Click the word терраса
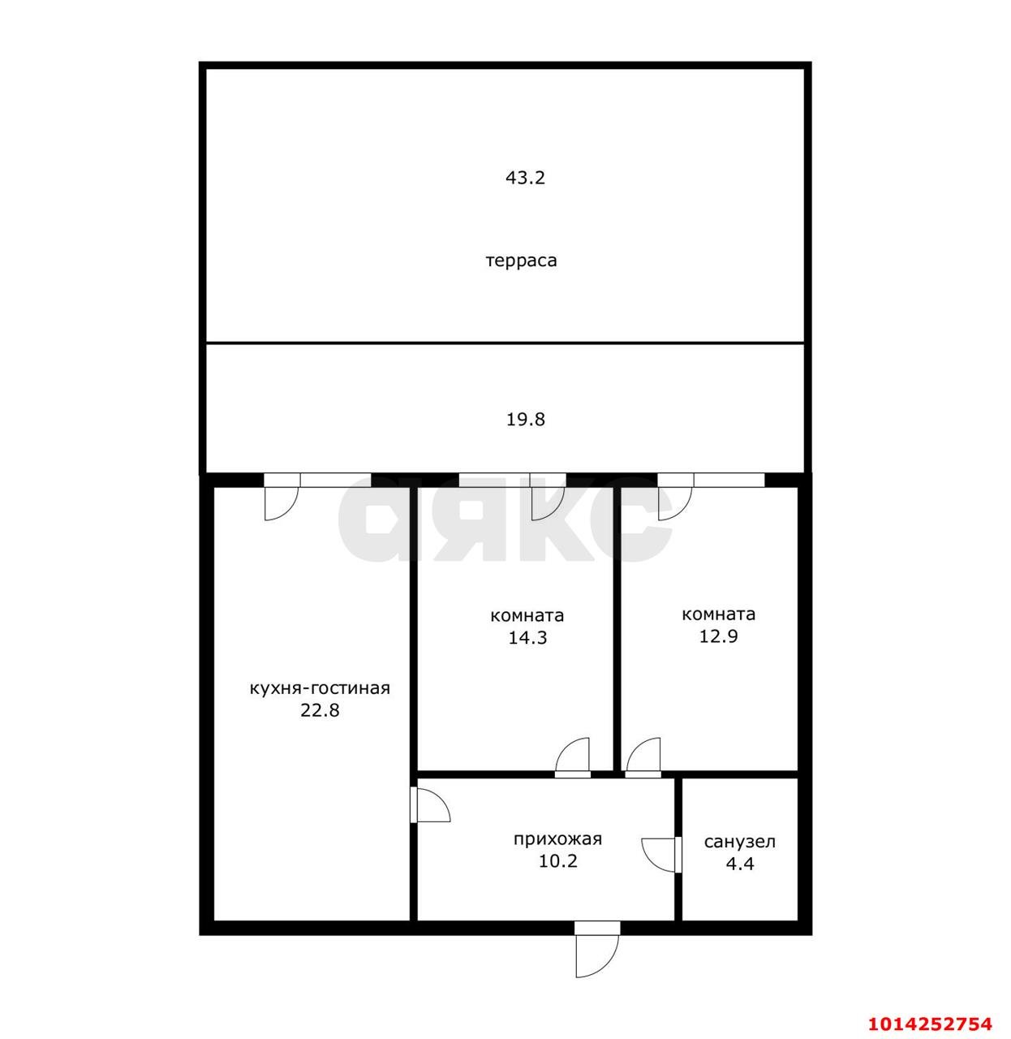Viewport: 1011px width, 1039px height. (x=521, y=261)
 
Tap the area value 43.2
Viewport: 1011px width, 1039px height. (x=525, y=178)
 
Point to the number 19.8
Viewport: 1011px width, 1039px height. (x=525, y=420)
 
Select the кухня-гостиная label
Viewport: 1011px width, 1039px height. (x=320, y=688)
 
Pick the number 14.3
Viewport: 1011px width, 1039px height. (x=527, y=637)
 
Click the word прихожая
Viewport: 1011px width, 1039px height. (x=557, y=839)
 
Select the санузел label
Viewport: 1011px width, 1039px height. (x=739, y=842)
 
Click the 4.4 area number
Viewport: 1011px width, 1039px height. (x=739, y=864)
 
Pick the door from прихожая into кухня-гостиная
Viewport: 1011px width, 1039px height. (x=430, y=804)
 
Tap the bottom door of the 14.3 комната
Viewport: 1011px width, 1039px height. (x=572, y=757)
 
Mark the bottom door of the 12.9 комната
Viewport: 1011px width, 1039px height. (x=643, y=757)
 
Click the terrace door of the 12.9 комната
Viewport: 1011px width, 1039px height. (x=675, y=500)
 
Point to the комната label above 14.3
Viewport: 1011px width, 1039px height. (x=527, y=615)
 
